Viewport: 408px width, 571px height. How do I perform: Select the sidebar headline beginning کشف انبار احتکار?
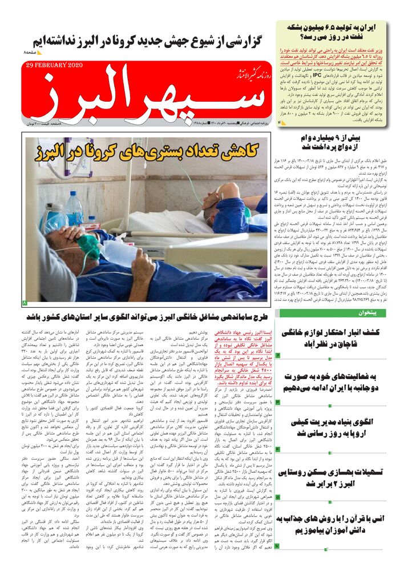pyautogui.click(x=340, y=338)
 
